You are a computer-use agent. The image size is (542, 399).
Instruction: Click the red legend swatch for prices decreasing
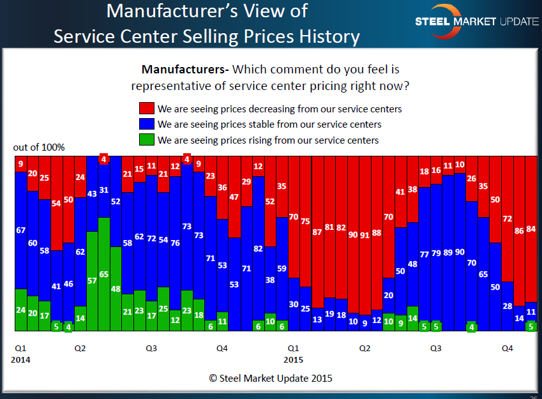point(146,109)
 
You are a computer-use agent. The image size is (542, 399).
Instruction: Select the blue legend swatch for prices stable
point(146,124)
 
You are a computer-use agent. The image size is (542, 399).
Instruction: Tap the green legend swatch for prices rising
point(146,140)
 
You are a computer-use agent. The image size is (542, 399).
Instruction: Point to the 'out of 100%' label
point(39,147)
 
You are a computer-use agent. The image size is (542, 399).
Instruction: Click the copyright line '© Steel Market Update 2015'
point(271,378)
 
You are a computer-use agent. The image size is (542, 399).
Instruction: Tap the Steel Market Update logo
point(476,21)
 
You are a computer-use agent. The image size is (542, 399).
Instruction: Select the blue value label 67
point(20,230)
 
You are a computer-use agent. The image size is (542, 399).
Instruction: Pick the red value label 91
point(365,234)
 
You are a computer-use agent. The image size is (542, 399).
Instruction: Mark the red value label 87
point(317,232)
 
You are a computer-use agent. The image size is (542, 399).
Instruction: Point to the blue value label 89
point(448,253)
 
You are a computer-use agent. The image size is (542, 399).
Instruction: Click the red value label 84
point(531,229)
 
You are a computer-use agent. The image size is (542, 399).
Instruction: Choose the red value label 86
point(518,232)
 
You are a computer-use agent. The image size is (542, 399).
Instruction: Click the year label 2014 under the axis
point(21,360)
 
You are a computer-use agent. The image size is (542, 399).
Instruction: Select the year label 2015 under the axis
point(293,360)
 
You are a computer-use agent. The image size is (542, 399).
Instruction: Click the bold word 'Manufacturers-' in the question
point(185,69)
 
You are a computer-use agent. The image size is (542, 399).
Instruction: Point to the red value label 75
point(306,222)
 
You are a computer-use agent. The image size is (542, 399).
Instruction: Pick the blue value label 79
point(437,253)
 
